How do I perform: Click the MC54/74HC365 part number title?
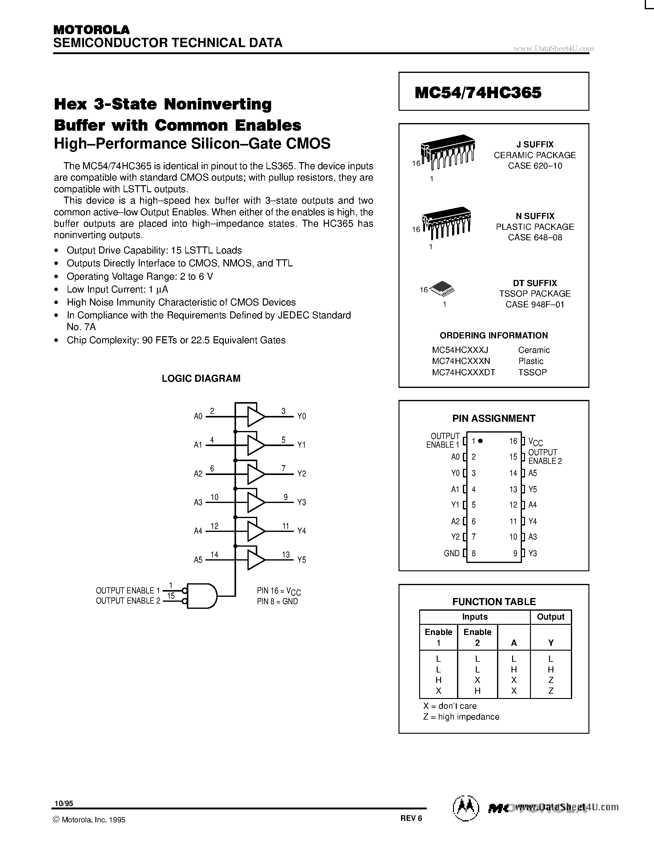(478, 93)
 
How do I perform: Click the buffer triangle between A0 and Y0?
(255, 417)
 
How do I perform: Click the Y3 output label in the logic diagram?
(301, 502)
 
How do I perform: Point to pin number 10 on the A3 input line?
(214, 497)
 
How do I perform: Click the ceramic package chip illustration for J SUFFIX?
(447, 152)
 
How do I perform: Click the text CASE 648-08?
(535, 237)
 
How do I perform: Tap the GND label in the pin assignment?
(451, 553)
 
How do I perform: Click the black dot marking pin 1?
(480, 441)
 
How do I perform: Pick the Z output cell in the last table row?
(551, 691)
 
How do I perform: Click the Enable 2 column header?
(477, 637)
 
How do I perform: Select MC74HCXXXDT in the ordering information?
(463, 372)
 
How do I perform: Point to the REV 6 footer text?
(411, 818)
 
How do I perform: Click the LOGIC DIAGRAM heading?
(201, 378)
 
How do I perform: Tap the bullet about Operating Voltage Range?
(139, 276)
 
